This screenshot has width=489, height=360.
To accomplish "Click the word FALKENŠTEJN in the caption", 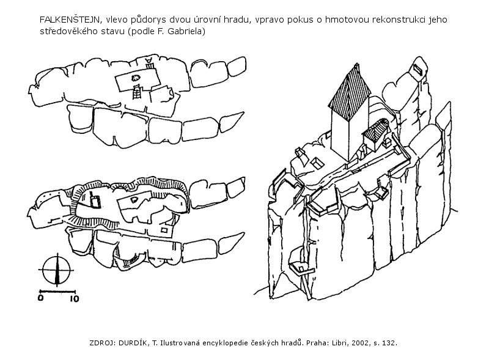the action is [70, 20].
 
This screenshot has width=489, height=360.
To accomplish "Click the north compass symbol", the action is [56, 270].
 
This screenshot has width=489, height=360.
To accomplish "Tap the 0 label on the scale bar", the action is [40, 298].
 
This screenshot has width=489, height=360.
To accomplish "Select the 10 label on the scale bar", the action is [74, 298].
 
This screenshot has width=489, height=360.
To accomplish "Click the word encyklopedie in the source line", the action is [226, 343].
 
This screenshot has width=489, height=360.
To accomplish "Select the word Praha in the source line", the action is [316, 343].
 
